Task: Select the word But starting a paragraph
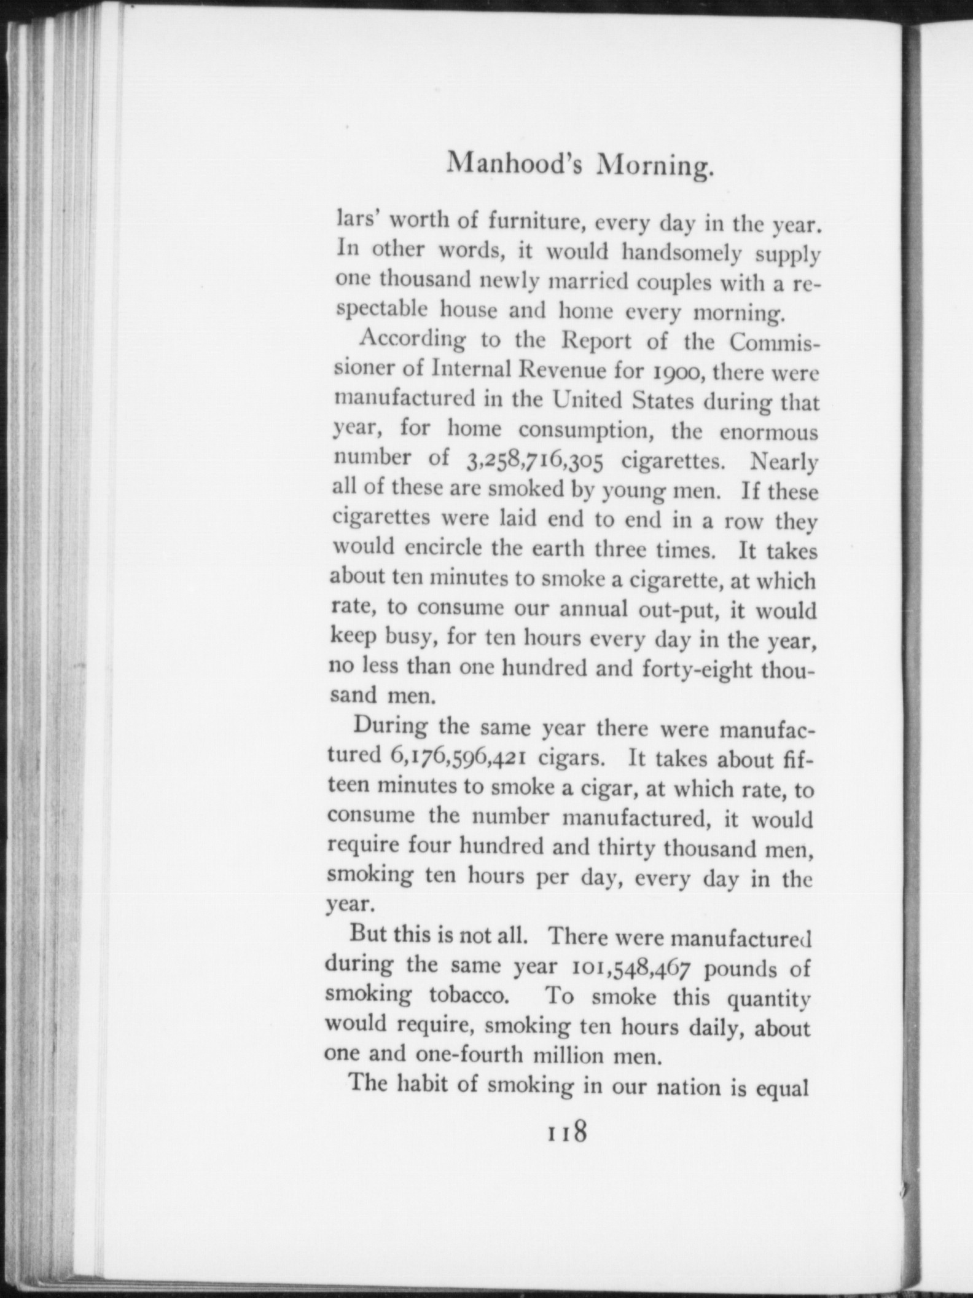coord(368,934)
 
